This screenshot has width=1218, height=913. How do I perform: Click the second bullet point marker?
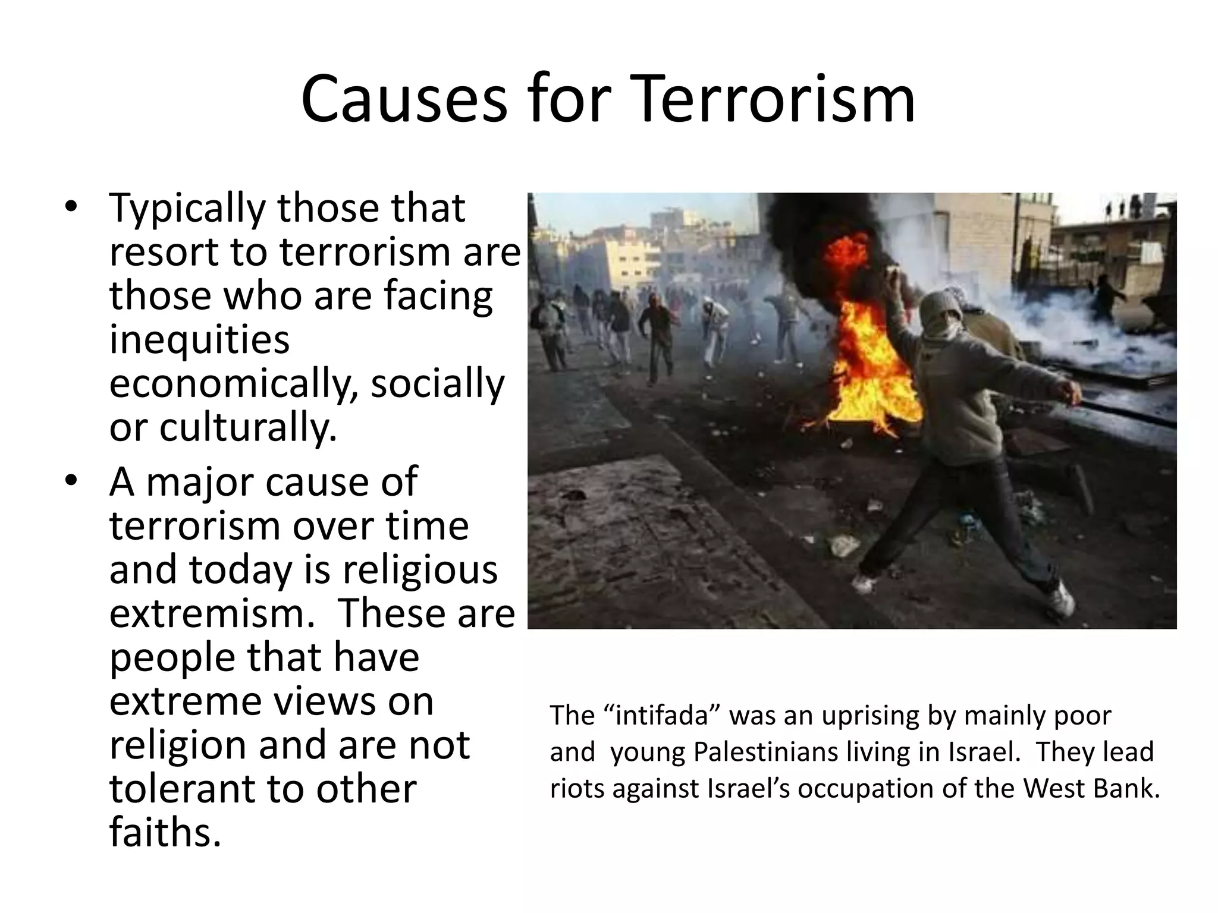pos(71,481)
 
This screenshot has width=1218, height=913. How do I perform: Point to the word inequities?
pos(199,340)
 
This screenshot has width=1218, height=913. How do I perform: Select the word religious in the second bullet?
pos(420,569)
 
